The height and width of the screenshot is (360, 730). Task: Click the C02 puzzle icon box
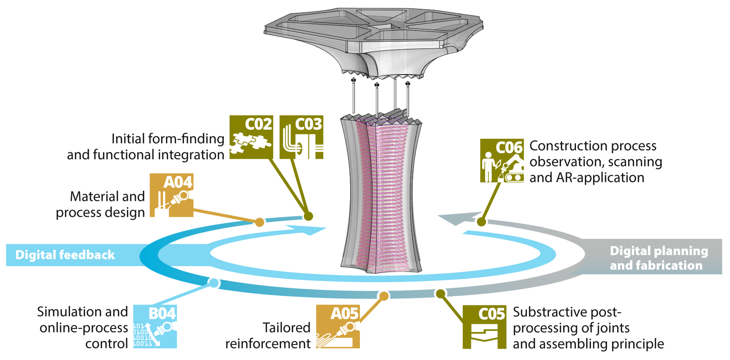coord(251,137)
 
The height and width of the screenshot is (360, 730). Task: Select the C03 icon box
coord(301,137)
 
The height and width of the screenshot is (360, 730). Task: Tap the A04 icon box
coord(172,195)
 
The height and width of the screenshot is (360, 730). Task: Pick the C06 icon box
coord(502,161)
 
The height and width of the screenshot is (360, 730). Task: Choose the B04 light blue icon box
coord(155,327)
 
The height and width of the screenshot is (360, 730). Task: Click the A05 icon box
coord(338,327)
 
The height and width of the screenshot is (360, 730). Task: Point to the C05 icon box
coord(485,327)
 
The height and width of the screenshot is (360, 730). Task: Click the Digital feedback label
coord(65,255)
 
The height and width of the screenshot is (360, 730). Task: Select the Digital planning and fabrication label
coord(659,258)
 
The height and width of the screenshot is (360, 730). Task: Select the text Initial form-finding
coord(168,139)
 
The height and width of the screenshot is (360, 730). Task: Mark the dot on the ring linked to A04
coord(260,222)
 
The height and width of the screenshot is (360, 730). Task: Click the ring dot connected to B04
coord(214,283)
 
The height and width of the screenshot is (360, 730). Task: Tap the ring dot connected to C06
coord(481,222)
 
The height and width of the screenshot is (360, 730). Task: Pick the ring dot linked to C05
coord(441,293)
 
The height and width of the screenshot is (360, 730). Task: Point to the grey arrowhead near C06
coord(455,219)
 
